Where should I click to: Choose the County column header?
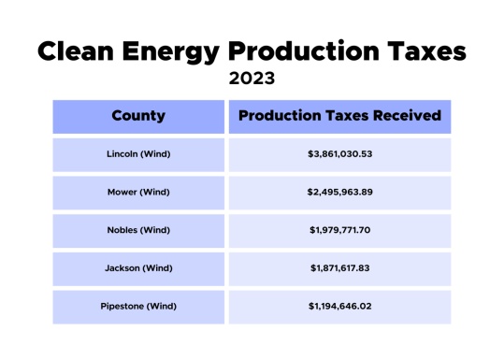(138, 117)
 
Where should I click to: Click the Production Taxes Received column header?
(339, 117)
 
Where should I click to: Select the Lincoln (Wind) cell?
(138, 154)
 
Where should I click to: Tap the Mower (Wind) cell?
(138, 193)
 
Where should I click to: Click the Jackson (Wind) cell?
(138, 268)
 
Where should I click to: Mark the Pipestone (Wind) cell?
(138, 306)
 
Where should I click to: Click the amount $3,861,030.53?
(339, 154)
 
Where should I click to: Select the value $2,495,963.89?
(339, 193)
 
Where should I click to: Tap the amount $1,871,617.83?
(339, 268)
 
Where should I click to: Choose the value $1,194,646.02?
(339, 306)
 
